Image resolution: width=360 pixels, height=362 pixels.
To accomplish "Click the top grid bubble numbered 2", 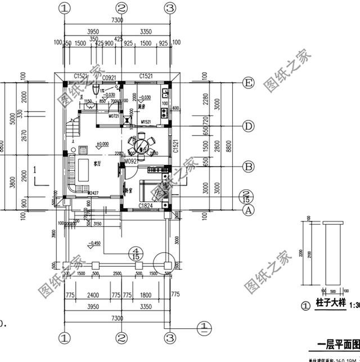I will point(121,8).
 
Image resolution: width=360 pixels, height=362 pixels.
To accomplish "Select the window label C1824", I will point(148,206).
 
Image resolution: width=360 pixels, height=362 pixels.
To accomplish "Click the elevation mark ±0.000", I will point(102,144).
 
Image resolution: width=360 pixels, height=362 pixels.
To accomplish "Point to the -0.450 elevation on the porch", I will point(93,244).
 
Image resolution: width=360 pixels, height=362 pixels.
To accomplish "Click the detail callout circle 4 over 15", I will point(134,253).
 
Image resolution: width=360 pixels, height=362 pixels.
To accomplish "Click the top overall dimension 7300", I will point(117,20).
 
